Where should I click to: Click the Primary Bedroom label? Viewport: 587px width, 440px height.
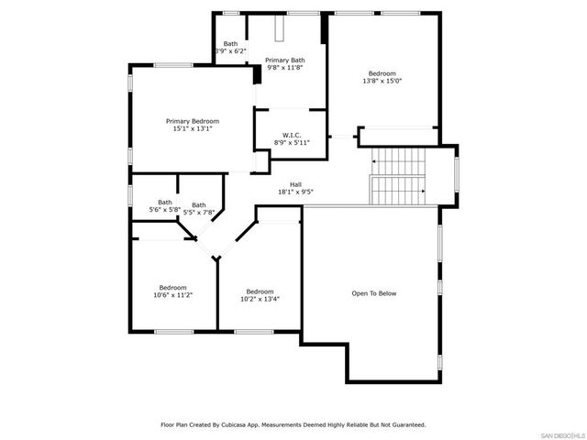[193, 121]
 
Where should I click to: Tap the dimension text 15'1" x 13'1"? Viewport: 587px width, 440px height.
[193, 129]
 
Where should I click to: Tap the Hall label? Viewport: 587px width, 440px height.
[296, 184]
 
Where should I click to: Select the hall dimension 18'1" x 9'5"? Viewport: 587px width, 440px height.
[296, 192]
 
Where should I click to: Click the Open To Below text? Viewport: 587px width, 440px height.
[374, 293]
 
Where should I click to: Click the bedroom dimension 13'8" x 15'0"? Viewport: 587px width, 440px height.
[382, 81]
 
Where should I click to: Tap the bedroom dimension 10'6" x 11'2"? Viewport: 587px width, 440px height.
[172, 295]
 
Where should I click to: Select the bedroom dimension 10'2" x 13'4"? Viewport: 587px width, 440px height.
[260, 299]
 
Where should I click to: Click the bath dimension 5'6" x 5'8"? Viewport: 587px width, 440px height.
[165, 210]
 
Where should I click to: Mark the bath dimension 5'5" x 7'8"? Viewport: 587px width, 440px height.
[199, 213]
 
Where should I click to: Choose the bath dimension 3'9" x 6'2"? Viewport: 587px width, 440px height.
[230, 51]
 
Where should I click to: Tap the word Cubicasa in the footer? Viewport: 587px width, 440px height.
[235, 425]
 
